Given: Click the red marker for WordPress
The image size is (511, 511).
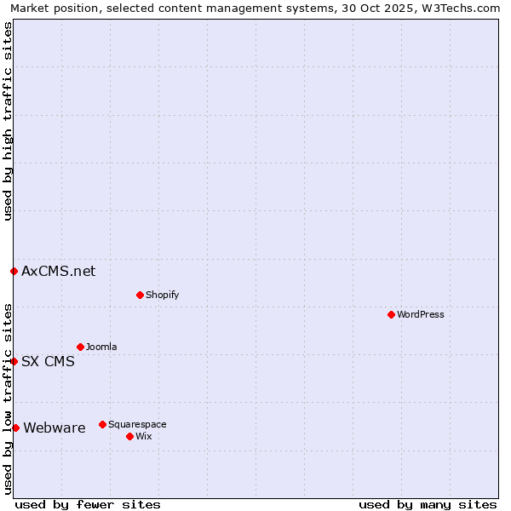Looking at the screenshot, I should point(391,314).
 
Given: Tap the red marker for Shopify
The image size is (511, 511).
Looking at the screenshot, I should point(140,295).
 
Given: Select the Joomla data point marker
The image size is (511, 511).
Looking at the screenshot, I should point(80,347).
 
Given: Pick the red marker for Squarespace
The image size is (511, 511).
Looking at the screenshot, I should point(102,424).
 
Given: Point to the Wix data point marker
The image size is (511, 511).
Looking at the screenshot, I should point(129,436).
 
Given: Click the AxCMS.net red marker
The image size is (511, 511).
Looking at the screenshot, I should point(14,271).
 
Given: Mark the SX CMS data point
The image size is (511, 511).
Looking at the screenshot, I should point(14,361).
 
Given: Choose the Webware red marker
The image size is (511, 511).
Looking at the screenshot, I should point(15,428).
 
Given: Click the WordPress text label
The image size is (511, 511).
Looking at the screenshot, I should point(421,315).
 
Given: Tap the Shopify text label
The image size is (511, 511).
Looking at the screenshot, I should point(162,296).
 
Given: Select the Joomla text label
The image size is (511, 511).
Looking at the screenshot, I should point(101,347).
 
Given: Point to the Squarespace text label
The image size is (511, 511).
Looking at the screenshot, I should point(137,425).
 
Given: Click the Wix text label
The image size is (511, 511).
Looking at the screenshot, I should point(143,437).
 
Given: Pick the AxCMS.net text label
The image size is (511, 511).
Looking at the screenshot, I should point(59,272).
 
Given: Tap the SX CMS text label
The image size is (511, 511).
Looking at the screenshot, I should point(48,362).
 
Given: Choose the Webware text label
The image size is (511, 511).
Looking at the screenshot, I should point(55,428).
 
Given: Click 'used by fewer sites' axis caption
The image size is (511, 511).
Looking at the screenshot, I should point(88,505).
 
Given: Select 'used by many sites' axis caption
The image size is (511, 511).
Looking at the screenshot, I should point(428,505).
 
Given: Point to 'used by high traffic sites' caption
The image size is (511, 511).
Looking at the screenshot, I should point(9,121).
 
